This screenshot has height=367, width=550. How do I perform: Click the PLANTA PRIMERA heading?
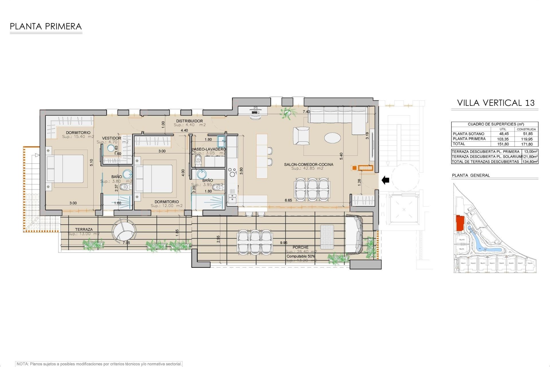[46, 27]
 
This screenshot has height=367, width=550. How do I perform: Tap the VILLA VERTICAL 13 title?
[496, 103]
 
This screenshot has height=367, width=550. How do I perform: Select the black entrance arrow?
[386, 180]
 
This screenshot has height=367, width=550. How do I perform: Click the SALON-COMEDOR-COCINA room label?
[309, 165]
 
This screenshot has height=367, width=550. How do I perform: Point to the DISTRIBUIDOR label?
[189, 121]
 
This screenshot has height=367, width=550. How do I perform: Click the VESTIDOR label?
[111, 138]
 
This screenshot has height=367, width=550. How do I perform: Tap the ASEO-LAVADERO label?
[209, 149]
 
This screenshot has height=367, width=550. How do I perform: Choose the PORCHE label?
[300, 247]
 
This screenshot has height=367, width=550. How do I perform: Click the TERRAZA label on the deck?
[84, 229]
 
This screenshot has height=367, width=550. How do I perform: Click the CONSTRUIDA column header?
[527, 129]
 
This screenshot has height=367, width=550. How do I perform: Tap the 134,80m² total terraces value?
[530, 162]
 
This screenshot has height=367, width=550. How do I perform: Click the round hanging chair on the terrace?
[123, 231]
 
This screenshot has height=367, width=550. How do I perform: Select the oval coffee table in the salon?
[333, 137]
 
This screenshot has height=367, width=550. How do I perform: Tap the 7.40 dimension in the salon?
[306, 112]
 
